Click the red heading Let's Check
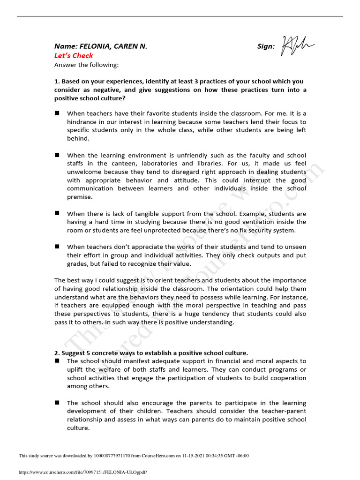click(74, 55)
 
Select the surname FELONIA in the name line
click(97, 46)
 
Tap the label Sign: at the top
click(266, 46)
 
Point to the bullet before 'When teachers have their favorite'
click(57, 113)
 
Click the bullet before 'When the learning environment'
click(57, 155)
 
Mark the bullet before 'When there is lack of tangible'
click(57, 213)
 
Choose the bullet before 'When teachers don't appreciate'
click(57, 246)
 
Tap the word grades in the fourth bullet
click(77, 263)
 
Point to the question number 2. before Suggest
click(57, 352)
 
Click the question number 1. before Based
click(57, 81)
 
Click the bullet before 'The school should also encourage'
click(57, 403)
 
